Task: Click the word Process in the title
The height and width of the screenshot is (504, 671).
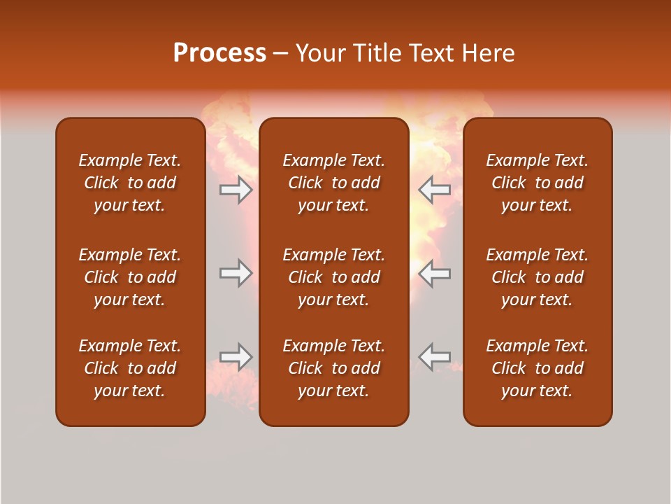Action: pos(219,53)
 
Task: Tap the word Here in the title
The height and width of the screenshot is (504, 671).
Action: pos(487,53)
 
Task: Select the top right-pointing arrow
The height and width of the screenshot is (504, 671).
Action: pos(236,190)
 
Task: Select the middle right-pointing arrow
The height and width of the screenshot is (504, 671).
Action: pos(236,273)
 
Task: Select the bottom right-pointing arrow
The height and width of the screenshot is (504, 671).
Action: pos(236,356)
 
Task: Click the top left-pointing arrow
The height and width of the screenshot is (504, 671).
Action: pos(435,190)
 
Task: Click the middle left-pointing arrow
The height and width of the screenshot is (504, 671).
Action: pos(435,273)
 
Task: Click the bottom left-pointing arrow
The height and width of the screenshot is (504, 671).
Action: pos(435,356)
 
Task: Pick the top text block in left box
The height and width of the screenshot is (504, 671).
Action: pos(130,183)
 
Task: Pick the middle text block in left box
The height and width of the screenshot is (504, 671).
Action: pos(130,277)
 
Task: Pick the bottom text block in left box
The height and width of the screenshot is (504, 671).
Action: pos(130,368)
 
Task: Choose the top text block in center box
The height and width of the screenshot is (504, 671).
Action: pos(334,183)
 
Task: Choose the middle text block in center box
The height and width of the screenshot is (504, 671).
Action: pos(334,277)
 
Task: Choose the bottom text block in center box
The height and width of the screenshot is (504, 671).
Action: pos(334,368)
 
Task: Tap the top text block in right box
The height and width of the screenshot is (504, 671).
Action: pos(537,183)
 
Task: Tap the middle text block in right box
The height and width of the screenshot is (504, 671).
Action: pos(537,277)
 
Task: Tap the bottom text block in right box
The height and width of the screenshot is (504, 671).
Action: pos(537,368)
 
